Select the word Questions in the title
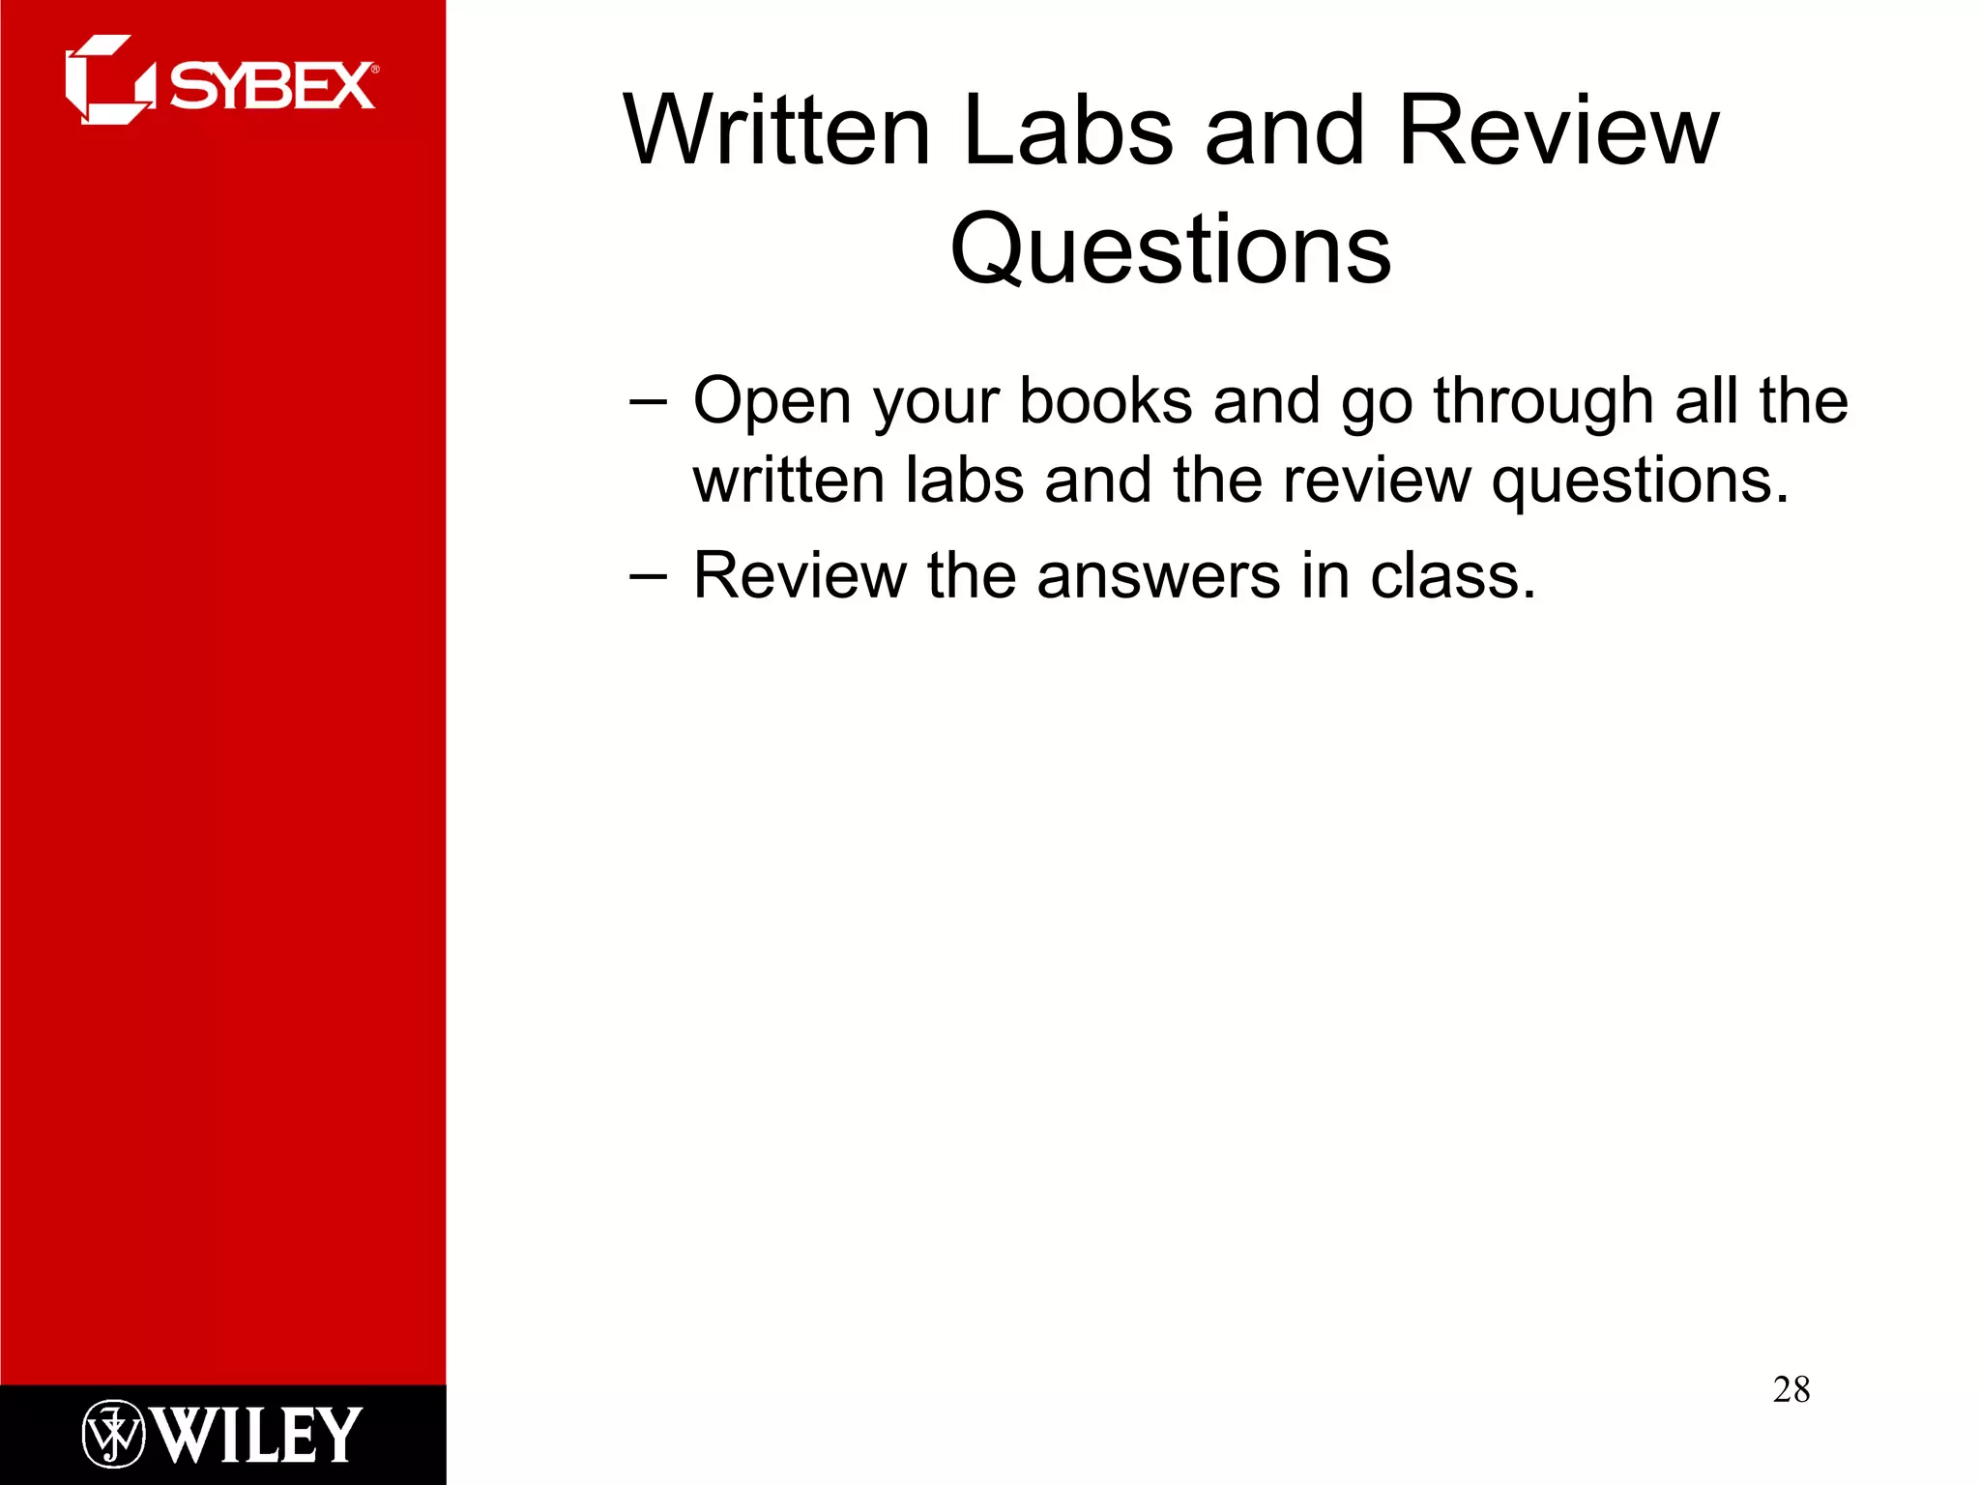[1171, 249]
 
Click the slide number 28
[1791, 1389]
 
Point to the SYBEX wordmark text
[273, 86]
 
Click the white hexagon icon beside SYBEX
[108, 80]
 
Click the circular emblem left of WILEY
[113, 1434]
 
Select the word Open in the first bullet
[772, 401]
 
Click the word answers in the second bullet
[1158, 576]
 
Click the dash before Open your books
[647, 401]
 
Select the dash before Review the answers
[647, 576]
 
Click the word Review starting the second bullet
[800, 576]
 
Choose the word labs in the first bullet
[964, 480]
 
